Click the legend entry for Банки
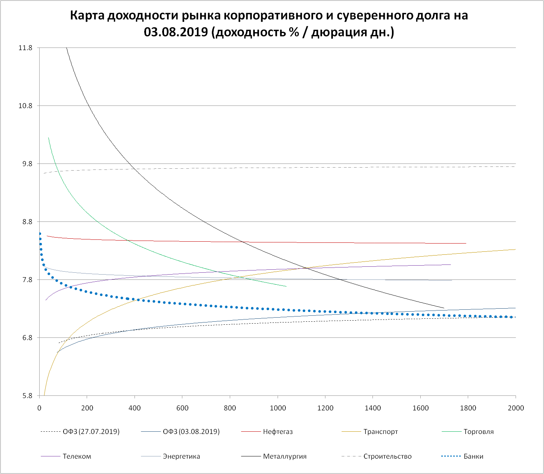(473, 456)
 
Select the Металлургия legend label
(285, 456)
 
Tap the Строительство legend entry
(387, 456)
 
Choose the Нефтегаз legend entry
(278, 432)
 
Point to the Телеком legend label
(77, 456)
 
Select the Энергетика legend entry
(181, 456)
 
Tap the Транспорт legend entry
(380, 432)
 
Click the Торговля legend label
(478, 432)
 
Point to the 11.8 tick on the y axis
(25, 48)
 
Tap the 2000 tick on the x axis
(516, 408)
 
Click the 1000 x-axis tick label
(278, 408)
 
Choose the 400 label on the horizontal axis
(135, 408)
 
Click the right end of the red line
(466, 243)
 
